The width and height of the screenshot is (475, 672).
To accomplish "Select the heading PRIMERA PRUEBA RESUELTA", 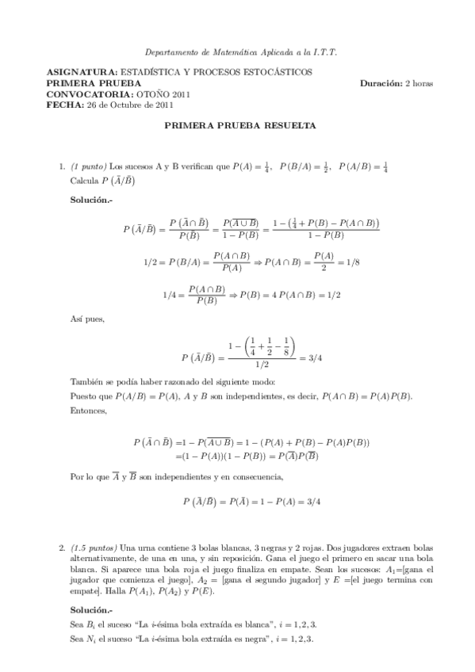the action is tap(239, 125).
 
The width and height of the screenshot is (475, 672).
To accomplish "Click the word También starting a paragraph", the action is tap(88, 381).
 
